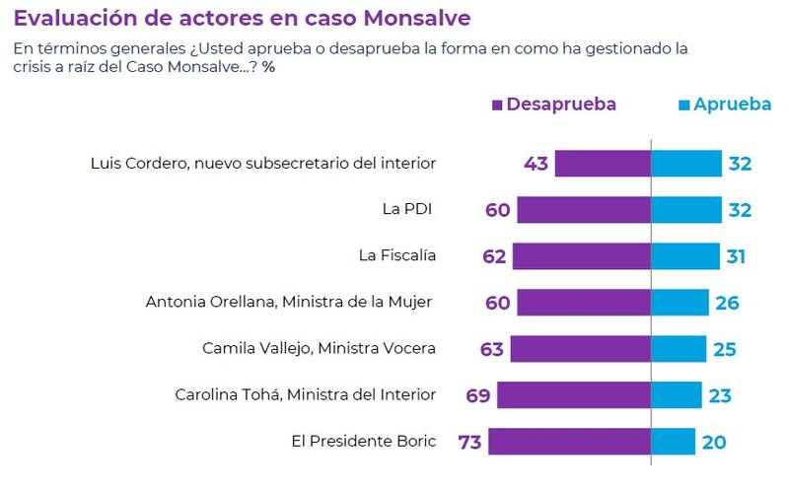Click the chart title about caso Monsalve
pyautogui.click(x=242, y=18)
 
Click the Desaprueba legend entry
pyautogui.click(x=554, y=105)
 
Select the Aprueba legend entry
pyautogui.click(x=725, y=105)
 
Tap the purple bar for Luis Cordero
pyautogui.click(x=603, y=163)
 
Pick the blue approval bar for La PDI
pyautogui.click(x=686, y=209)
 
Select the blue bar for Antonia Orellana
pyautogui.click(x=680, y=302)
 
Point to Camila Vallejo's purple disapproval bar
pyautogui.click(x=580, y=348)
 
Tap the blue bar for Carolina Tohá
pyautogui.click(x=677, y=394)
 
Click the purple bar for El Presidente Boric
pyautogui.click(x=569, y=441)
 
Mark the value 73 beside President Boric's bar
pyautogui.click(x=470, y=442)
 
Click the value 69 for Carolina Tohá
pyautogui.click(x=479, y=395)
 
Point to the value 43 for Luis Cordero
pyautogui.click(x=537, y=164)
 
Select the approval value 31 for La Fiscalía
pyautogui.click(x=735, y=256)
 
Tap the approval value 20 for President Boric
pyautogui.click(x=714, y=442)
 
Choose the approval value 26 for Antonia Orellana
pyautogui.click(x=727, y=303)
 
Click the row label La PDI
pyautogui.click(x=408, y=209)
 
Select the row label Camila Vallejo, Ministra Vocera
pyautogui.click(x=319, y=348)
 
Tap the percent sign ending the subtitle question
pyautogui.click(x=268, y=67)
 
